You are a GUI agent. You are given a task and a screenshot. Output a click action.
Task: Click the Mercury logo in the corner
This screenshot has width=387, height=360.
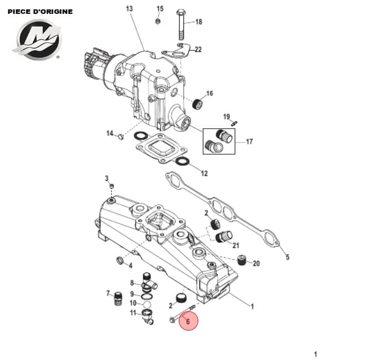coord(37,39)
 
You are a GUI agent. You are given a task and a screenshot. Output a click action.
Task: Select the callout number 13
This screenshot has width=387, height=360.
coord(129,9)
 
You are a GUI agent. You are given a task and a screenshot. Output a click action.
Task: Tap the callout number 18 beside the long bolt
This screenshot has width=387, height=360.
coord(198,22)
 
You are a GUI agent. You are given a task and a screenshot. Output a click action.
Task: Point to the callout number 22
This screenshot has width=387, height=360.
coord(198,49)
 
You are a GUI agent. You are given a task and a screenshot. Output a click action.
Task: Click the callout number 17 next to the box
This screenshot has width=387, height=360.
coord(249,142)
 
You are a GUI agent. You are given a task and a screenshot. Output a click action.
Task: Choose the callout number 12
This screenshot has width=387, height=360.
coord(204,174)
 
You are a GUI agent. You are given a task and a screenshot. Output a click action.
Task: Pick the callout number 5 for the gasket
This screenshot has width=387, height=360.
coord(287,257)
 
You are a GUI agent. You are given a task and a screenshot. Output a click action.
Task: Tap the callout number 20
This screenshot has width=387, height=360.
coord(256,263)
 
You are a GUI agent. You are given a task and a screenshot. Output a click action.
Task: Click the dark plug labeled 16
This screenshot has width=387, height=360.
coord(196,104)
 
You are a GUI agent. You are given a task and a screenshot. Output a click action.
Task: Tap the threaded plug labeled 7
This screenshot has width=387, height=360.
coord(118,300)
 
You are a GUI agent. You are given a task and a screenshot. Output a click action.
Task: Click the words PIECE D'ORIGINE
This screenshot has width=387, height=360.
coord(40,11)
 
